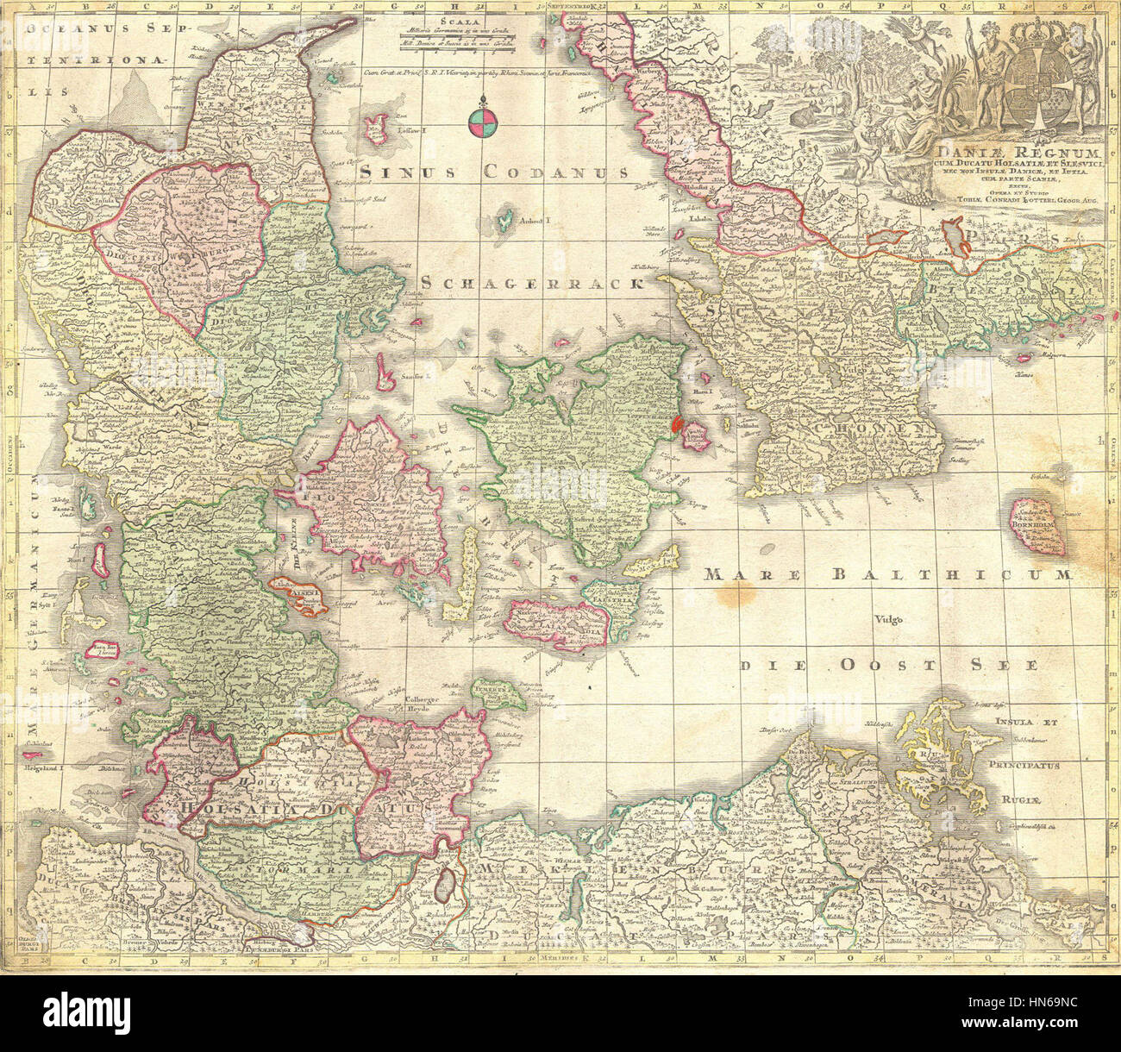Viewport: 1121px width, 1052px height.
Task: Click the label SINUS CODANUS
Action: click(x=494, y=172)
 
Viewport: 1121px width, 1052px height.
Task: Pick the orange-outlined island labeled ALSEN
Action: click(x=300, y=595)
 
